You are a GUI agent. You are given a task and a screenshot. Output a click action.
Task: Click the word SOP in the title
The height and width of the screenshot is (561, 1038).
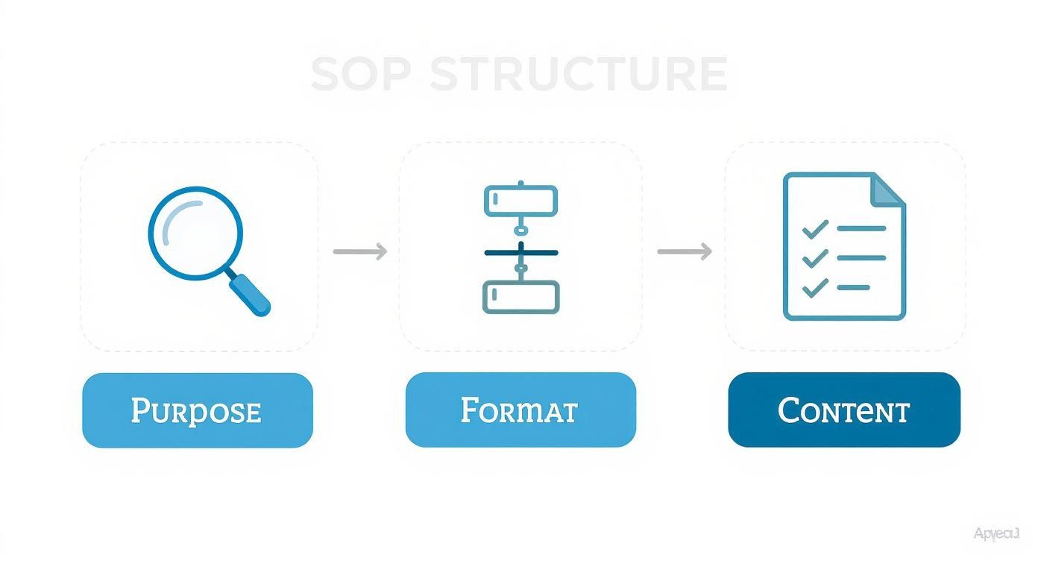pyautogui.click(x=361, y=74)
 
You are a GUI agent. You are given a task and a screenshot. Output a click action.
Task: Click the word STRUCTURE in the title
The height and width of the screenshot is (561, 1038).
pyautogui.click(x=578, y=74)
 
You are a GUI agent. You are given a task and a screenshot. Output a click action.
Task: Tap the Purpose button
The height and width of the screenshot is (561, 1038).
pyautogui.click(x=197, y=410)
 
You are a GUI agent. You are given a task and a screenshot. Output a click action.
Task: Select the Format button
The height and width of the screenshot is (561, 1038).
pyautogui.click(x=520, y=410)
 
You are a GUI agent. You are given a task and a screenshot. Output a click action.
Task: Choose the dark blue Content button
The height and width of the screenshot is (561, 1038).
pyautogui.click(x=843, y=410)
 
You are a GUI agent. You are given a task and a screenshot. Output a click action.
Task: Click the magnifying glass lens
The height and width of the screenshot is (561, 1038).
pyautogui.click(x=195, y=233)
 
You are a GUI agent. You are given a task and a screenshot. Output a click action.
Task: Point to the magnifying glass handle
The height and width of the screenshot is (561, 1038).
pyautogui.click(x=251, y=295)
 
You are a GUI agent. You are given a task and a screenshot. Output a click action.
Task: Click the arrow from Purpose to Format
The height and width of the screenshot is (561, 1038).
pyautogui.click(x=360, y=251)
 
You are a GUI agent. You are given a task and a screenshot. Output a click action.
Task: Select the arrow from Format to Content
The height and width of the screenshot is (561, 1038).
pyautogui.click(x=685, y=251)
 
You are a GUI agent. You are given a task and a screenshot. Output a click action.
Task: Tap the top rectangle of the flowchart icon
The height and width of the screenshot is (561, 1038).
pyautogui.click(x=520, y=201)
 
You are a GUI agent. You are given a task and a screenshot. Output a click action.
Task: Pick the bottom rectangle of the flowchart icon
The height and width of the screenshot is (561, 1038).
pyautogui.click(x=520, y=296)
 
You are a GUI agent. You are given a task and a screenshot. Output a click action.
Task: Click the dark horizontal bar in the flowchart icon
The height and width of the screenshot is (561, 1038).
pyautogui.click(x=520, y=252)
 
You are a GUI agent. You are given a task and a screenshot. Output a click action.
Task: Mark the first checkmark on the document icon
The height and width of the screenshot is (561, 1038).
pyautogui.click(x=815, y=228)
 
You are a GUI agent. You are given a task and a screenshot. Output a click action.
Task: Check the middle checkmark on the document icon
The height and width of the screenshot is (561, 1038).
pyautogui.click(x=815, y=258)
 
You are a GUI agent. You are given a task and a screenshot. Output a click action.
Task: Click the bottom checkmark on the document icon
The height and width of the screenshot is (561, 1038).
pyautogui.click(x=815, y=287)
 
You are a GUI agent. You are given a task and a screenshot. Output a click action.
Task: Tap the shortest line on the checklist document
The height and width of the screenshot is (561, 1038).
pyautogui.click(x=853, y=287)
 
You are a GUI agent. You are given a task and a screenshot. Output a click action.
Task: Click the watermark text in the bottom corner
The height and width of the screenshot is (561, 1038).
pyautogui.click(x=995, y=533)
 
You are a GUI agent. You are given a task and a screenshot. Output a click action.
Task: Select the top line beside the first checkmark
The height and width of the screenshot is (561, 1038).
pyautogui.click(x=861, y=228)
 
